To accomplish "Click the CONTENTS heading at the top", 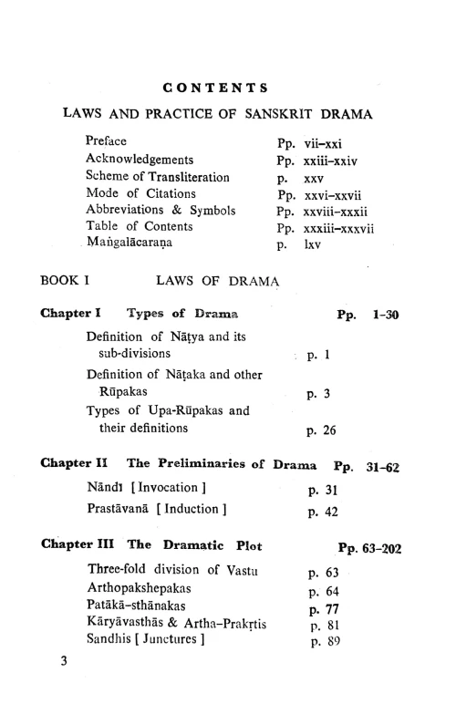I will (x=213, y=88).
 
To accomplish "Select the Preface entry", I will (x=105, y=142).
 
